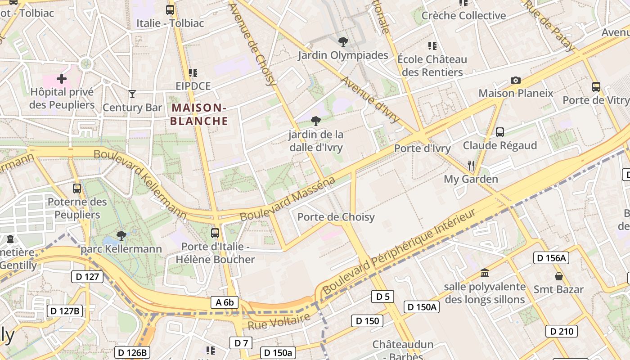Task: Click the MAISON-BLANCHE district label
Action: pos(199,114)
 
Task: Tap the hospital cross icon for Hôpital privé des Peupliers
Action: pos(62,79)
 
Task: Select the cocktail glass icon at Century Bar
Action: pos(132,94)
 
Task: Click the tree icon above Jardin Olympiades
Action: pos(343,42)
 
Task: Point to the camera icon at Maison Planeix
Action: pos(516,81)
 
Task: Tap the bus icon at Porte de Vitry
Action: pos(596,87)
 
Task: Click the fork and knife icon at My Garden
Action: pos(471,166)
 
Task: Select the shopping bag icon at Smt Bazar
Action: pos(559,276)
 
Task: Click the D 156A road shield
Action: pos(551,258)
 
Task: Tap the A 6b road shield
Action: pos(225,302)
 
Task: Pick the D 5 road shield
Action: pos(382,297)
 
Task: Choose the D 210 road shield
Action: pos(561,332)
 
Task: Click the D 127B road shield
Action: pos(65,310)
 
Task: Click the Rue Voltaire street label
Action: pos(279,321)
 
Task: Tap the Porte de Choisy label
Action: pos(336,217)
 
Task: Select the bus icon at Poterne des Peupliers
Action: pos(77,189)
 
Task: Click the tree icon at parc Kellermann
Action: pos(121,235)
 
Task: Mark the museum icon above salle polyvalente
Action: pos(485,273)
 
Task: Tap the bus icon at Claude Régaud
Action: pos(500,132)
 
